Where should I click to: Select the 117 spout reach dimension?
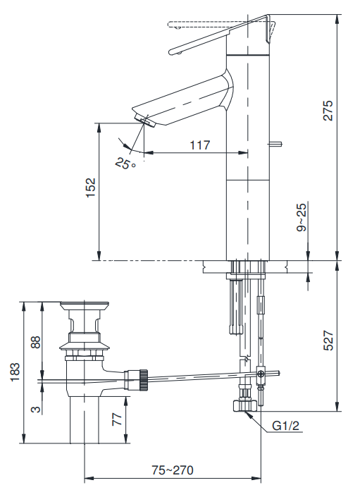[200, 145]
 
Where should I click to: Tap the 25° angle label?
[125, 164]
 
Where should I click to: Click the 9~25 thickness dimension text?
[302, 218]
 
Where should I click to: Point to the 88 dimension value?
[37, 342]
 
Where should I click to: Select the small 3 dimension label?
[37, 407]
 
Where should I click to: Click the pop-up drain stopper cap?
[85, 306]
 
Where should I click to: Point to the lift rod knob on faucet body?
[277, 145]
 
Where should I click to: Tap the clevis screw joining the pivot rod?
[261, 374]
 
